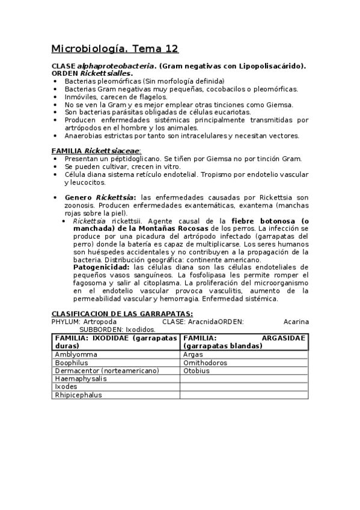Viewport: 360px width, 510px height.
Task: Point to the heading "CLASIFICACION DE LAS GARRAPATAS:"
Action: [122, 313]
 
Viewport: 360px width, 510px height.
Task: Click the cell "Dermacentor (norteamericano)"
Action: [98, 371]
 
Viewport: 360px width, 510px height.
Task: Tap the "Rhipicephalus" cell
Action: [78, 395]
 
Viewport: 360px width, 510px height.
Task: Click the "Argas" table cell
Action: [193, 355]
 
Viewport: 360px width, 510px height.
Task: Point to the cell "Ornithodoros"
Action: [206, 363]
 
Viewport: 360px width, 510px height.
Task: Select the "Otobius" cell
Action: [197, 371]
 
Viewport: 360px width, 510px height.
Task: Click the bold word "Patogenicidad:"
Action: [101, 266]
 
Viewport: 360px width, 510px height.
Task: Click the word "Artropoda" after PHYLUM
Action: [100, 321]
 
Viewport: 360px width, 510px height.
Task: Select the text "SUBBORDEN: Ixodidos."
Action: [117, 329]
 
